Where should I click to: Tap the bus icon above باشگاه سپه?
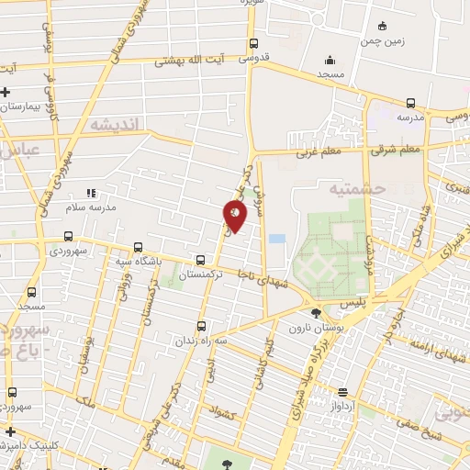point(138,247)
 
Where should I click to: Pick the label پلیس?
point(352,301)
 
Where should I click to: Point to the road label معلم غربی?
point(318,155)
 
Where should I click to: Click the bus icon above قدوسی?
point(254,44)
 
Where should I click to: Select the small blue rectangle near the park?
point(276,239)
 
